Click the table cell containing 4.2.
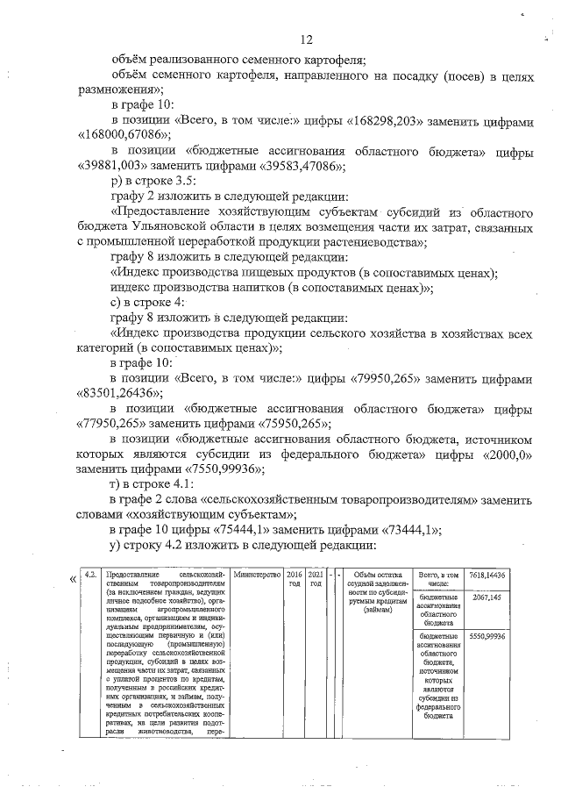tap(89, 575)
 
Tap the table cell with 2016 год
tap(294, 579)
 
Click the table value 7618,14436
tap(487, 575)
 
